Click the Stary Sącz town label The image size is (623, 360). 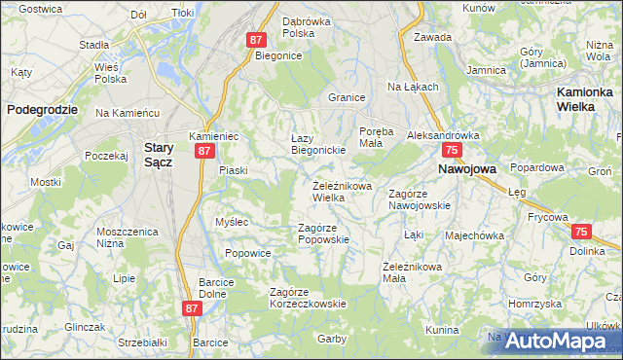[x=158, y=155]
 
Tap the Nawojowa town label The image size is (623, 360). [x=467, y=168]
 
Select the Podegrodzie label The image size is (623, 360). [x=42, y=110]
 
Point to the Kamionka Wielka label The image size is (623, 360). [x=589, y=98]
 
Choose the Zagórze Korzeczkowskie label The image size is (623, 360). [x=308, y=298]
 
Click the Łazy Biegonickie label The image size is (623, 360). [x=319, y=144]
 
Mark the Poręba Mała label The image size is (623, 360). [x=376, y=136]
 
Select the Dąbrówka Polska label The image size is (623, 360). [x=308, y=26]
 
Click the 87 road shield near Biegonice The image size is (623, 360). [x=256, y=40]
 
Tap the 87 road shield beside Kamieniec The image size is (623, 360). [x=203, y=152]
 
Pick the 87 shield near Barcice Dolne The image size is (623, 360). [x=192, y=307]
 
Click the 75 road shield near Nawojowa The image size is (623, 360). [x=451, y=151]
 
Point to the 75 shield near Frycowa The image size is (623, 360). [x=581, y=232]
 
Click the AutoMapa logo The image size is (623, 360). [x=555, y=341]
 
